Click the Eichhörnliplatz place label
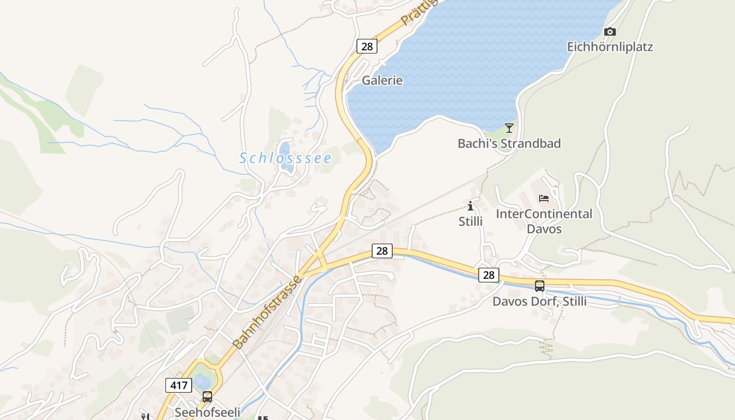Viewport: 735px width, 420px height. click(610, 47)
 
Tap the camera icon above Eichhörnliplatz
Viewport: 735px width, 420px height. click(610, 32)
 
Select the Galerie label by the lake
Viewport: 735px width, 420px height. click(382, 80)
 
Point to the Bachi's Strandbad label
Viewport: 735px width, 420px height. click(509, 143)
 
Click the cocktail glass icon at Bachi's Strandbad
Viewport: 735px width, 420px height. click(509, 128)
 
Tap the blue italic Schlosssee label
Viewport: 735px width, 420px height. click(285, 157)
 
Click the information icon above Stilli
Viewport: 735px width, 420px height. click(470, 206)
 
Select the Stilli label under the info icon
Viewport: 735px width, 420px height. click(470, 221)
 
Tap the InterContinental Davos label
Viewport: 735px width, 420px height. click(544, 221)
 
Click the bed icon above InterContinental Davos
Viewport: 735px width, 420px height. click(544, 198)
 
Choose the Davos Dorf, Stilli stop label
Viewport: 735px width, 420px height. click(539, 302)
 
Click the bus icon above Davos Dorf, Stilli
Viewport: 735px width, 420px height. click(539, 286)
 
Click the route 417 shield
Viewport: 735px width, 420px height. click(178, 385)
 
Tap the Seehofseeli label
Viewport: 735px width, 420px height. click(207, 412)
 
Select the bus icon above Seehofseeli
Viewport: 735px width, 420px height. click(207, 397)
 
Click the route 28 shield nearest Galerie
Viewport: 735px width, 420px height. click(367, 46)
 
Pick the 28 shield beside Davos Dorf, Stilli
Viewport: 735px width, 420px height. click(488, 275)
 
